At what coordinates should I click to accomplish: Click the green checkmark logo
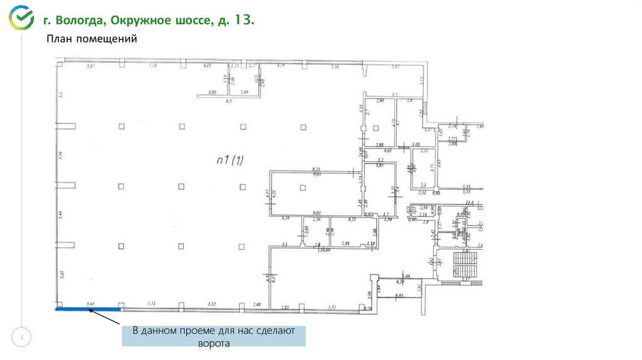click(20, 18)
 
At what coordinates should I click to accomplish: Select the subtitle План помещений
click(90, 39)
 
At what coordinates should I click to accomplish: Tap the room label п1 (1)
click(229, 161)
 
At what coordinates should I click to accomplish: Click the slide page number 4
click(23, 339)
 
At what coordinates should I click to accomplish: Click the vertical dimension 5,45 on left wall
click(61, 273)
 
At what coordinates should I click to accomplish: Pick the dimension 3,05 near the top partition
click(212, 93)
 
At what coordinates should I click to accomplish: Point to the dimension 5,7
click(395, 95)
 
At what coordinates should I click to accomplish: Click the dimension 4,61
click(388, 151)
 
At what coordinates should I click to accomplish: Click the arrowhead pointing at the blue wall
click(92, 310)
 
